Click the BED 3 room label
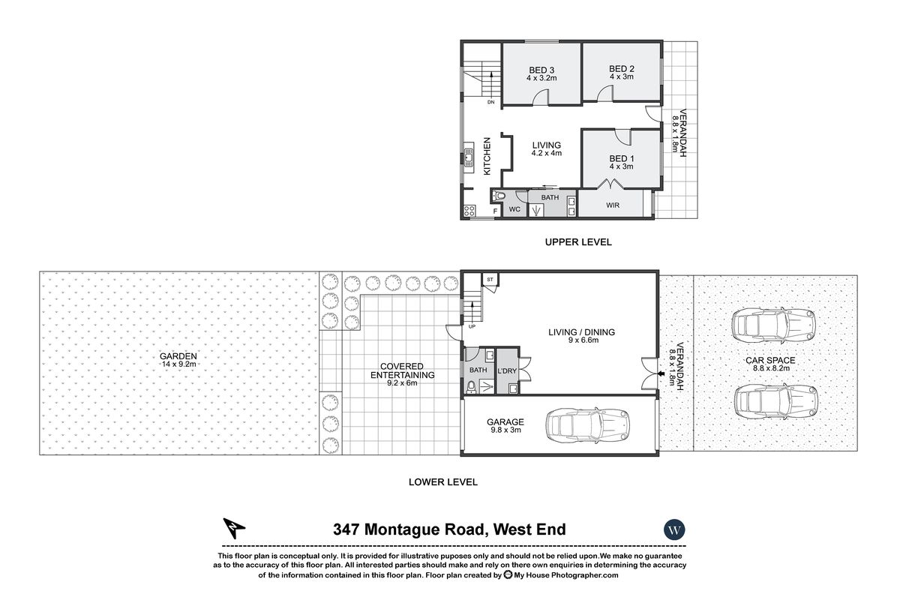(540, 70)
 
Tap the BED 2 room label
(622, 68)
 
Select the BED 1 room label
(621, 158)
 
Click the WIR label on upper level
(612, 205)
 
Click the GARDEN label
(178, 356)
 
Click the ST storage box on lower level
(489, 280)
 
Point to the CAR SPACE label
(770, 361)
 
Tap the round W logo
(674, 529)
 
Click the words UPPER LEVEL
(578, 242)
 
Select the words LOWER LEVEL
(442, 482)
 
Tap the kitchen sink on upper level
(468, 158)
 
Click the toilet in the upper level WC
(499, 196)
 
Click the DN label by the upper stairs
(490, 102)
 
